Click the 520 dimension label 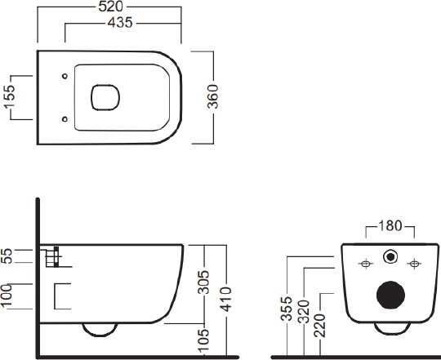(x=111, y=7)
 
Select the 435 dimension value (x=120, y=23)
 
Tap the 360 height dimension (x=212, y=96)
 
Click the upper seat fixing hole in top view (x=65, y=76)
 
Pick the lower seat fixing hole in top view (x=65, y=119)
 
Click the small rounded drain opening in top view (x=105, y=97)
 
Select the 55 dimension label (x=7, y=256)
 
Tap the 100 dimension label (x=7, y=296)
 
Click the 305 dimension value (x=203, y=282)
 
